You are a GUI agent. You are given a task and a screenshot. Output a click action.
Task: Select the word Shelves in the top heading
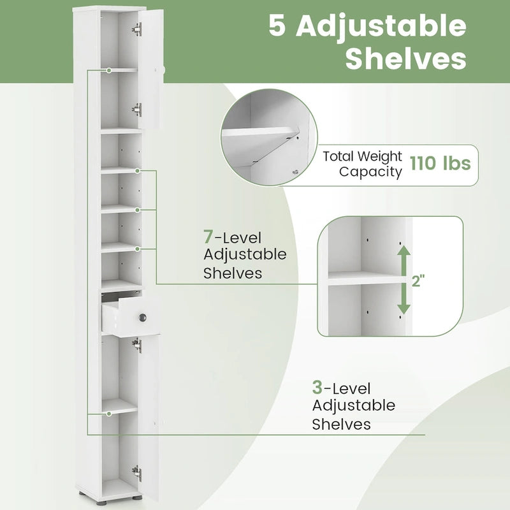405,59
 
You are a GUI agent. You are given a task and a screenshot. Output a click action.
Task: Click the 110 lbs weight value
440,164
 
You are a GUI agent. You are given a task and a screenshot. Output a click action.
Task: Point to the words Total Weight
362,156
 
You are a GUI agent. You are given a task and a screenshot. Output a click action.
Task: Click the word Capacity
370,171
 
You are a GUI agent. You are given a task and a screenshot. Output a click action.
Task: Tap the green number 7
208,237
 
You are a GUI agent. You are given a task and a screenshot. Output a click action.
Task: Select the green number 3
317,388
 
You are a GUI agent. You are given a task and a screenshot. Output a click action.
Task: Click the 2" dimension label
418,280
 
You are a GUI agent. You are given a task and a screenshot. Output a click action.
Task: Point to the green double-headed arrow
404,280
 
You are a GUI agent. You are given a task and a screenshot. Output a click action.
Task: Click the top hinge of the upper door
137,29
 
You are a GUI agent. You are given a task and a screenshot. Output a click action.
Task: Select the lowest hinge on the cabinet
136,472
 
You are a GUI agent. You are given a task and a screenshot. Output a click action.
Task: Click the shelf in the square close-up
367,278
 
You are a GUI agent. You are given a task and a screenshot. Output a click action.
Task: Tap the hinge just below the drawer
136,345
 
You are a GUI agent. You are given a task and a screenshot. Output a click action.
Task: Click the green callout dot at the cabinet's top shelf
110,70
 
